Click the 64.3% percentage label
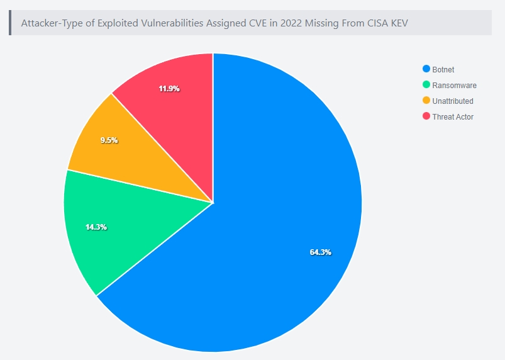[x=320, y=252]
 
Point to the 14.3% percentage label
[x=96, y=227]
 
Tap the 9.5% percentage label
[x=109, y=140]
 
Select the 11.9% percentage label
[x=169, y=89]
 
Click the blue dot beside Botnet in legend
[x=426, y=69]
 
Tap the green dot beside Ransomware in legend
[x=426, y=85]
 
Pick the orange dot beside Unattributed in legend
[x=426, y=101]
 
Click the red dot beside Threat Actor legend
[x=426, y=116]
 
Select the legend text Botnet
[x=443, y=69]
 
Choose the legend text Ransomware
[x=454, y=85]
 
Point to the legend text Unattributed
[x=453, y=101]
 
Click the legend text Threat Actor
[x=453, y=116]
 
